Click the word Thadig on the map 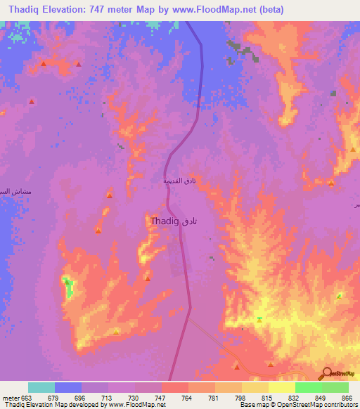(x=164, y=221)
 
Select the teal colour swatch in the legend (x=41, y=387)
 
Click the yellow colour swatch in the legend (x=282, y=387)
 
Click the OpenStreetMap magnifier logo (x=326, y=374)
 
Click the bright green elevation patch (x=68, y=286)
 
